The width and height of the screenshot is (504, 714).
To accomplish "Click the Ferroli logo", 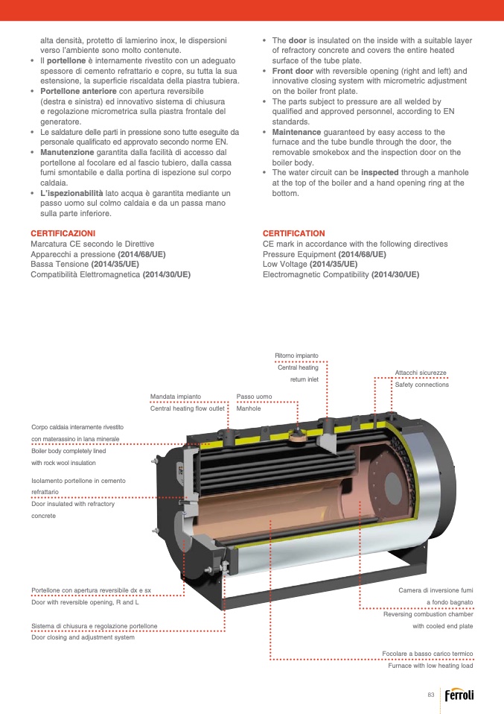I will [459, 695].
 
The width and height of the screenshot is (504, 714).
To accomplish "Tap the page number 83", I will [430, 695].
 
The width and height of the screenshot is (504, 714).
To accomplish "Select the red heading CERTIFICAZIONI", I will [63, 233].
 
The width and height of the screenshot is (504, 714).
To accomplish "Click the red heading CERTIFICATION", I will [294, 233].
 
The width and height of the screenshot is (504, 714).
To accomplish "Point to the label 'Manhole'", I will [249, 408].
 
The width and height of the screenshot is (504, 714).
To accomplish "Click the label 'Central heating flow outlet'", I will [187, 408].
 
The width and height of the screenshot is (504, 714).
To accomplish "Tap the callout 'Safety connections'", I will [421, 385].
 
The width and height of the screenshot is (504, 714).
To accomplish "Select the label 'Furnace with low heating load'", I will [430, 666].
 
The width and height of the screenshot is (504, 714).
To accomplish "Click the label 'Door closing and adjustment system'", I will [83, 637].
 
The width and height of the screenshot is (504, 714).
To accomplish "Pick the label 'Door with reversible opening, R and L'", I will [85, 602].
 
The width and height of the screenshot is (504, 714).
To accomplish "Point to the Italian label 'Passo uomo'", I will [254, 397].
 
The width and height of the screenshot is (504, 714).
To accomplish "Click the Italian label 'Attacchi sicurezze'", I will [421, 372].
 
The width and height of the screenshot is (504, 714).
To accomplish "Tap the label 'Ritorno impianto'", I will [296, 356].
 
